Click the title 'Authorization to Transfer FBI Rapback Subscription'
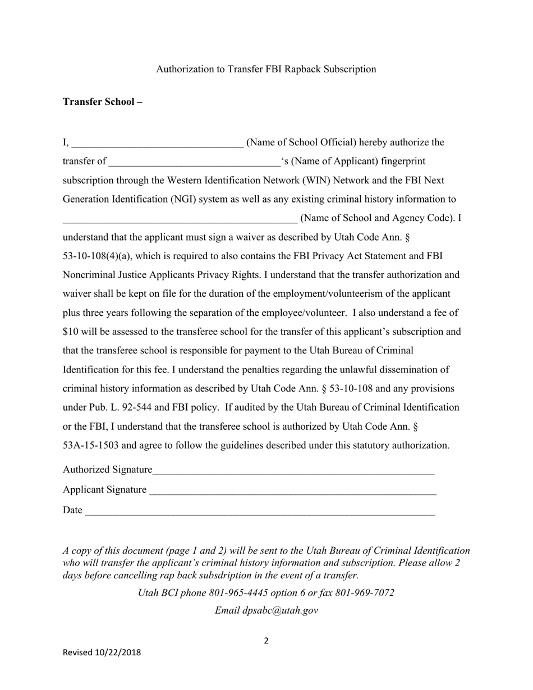[x=266, y=69]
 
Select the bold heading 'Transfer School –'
[x=102, y=102]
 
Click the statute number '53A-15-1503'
[x=90, y=445]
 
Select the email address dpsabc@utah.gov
[x=280, y=611]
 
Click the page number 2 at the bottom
[x=266, y=641]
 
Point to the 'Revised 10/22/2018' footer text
[x=102, y=652]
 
